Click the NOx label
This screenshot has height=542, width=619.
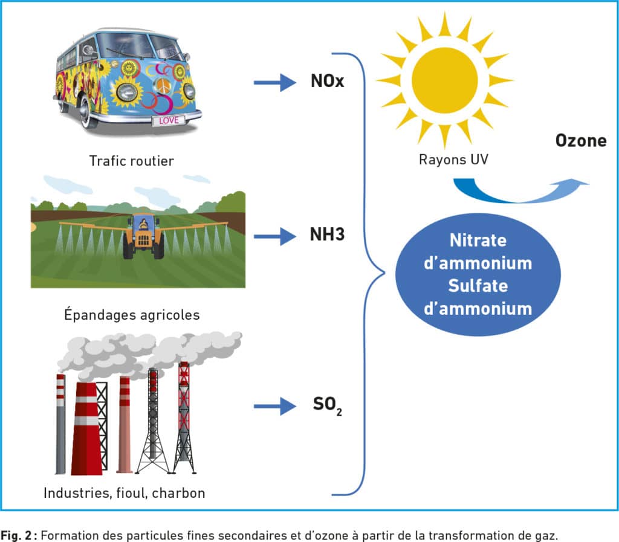[327, 81]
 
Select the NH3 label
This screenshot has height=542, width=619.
[327, 234]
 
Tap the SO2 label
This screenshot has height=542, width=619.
[327, 405]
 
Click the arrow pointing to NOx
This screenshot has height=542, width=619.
[275, 82]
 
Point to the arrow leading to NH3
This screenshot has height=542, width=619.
[275, 237]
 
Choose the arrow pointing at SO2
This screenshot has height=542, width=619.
[275, 406]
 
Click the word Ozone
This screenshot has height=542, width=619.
[581, 141]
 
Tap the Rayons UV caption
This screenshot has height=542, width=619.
[453, 160]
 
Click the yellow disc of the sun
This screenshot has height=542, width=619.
[444, 80]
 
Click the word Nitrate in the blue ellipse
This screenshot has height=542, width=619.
[478, 240]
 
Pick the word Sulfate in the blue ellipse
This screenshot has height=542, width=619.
[478, 286]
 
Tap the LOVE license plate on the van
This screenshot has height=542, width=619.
[169, 120]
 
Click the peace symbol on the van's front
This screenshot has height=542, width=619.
[163, 85]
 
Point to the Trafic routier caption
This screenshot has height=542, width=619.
[131, 161]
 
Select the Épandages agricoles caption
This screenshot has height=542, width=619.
[132, 315]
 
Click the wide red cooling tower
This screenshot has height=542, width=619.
[86, 428]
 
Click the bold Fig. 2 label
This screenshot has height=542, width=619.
[16, 536]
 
